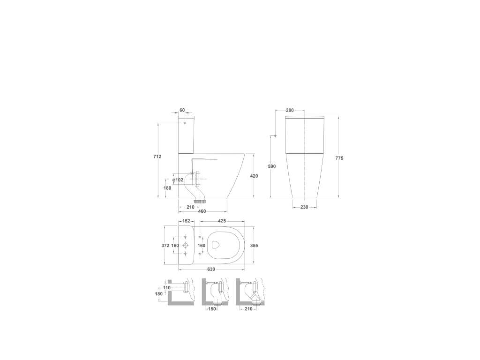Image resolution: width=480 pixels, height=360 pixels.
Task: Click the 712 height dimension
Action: (157, 157)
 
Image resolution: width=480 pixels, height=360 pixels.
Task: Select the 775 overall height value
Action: (339, 158)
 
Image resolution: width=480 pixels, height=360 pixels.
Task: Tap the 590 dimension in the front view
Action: (271, 166)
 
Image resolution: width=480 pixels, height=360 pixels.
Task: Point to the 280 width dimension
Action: (290, 110)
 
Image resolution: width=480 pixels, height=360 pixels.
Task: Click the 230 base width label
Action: (304, 207)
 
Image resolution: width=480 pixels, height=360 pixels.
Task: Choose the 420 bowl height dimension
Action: (254, 176)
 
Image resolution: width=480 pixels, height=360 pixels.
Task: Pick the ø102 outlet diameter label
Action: (178, 180)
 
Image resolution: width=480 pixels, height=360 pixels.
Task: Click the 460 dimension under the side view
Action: (202, 211)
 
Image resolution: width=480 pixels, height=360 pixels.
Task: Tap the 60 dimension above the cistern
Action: (182, 110)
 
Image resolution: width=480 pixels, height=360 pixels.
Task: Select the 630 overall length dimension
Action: (211, 270)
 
